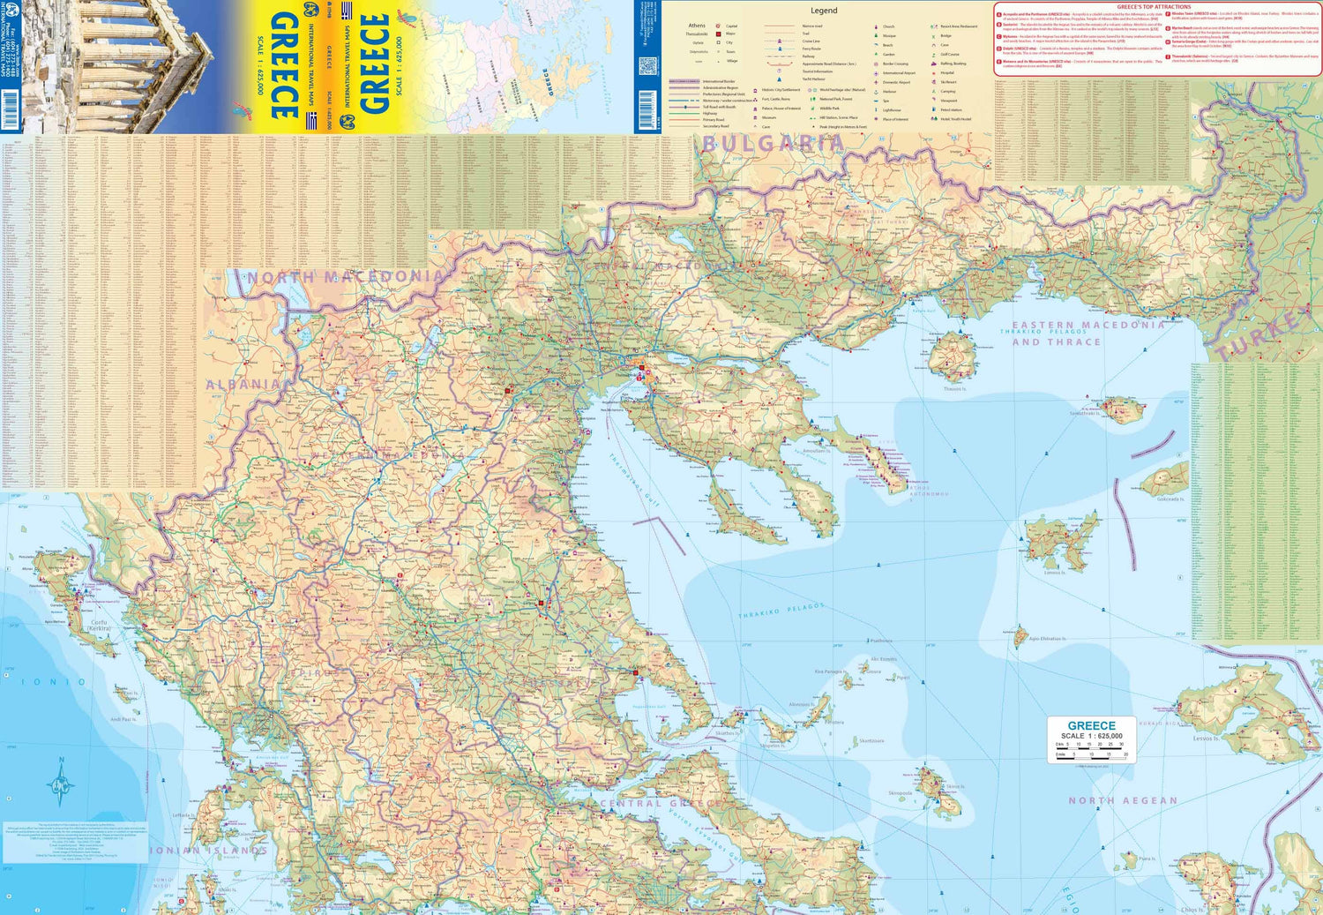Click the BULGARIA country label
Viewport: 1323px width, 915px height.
pyautogui.click(x=773, y=144)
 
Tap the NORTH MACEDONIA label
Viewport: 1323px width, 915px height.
pyautogui.click(x=346, y=277)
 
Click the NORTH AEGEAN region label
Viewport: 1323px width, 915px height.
pyautogui.click(x=1123, y=800)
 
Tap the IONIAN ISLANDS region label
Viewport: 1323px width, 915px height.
pyautogui.click(x=208, y=851)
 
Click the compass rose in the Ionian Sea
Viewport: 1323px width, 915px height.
pyautogui.click(x=61, y=783)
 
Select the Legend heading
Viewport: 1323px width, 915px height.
pyautogui.click(x=824, y=11)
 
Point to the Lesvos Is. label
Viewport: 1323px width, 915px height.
pyautogui.click(x=1206, y=739)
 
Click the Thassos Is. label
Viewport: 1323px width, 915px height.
pyautogui.click(x=954, y=388)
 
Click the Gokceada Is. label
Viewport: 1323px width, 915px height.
pyautogui.click(x=1170, y=499)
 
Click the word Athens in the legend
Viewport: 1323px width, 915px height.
pyautogui.click(x=697, y=26)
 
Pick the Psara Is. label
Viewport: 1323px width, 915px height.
pyautogui.click(x=1147, y=859)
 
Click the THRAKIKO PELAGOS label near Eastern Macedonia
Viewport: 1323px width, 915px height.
pyautogui.click(x=1043, y=332)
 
